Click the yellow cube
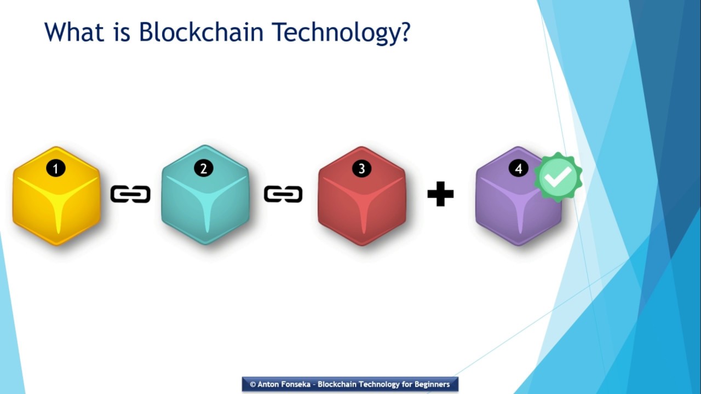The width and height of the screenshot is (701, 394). [x=56, y=200]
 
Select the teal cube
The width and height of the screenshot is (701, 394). [x=205, y=200]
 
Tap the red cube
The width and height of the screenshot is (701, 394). [x=361, y=200]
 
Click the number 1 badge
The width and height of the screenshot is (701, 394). [x=55, y=169]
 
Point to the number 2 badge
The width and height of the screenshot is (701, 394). [x=203, y=169]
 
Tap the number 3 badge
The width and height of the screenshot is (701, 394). [x=361, y=169]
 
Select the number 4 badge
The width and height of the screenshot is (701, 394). [x=519, y=169]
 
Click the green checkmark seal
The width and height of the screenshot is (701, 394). [x=558, y=177]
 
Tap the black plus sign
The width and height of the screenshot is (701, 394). [x=440, y=194]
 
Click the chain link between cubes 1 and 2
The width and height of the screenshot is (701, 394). [x=130, y=194]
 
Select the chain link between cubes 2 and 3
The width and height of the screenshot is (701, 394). [x=283, y=194]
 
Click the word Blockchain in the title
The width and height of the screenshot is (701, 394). [x=202, y=32]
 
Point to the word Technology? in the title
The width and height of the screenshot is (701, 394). [x=341, y=33]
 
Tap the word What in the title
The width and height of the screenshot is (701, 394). [x=74, y=32]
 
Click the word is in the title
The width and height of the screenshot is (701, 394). [x=123, y=32]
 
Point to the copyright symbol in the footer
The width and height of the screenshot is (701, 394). [x=252, y=384]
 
